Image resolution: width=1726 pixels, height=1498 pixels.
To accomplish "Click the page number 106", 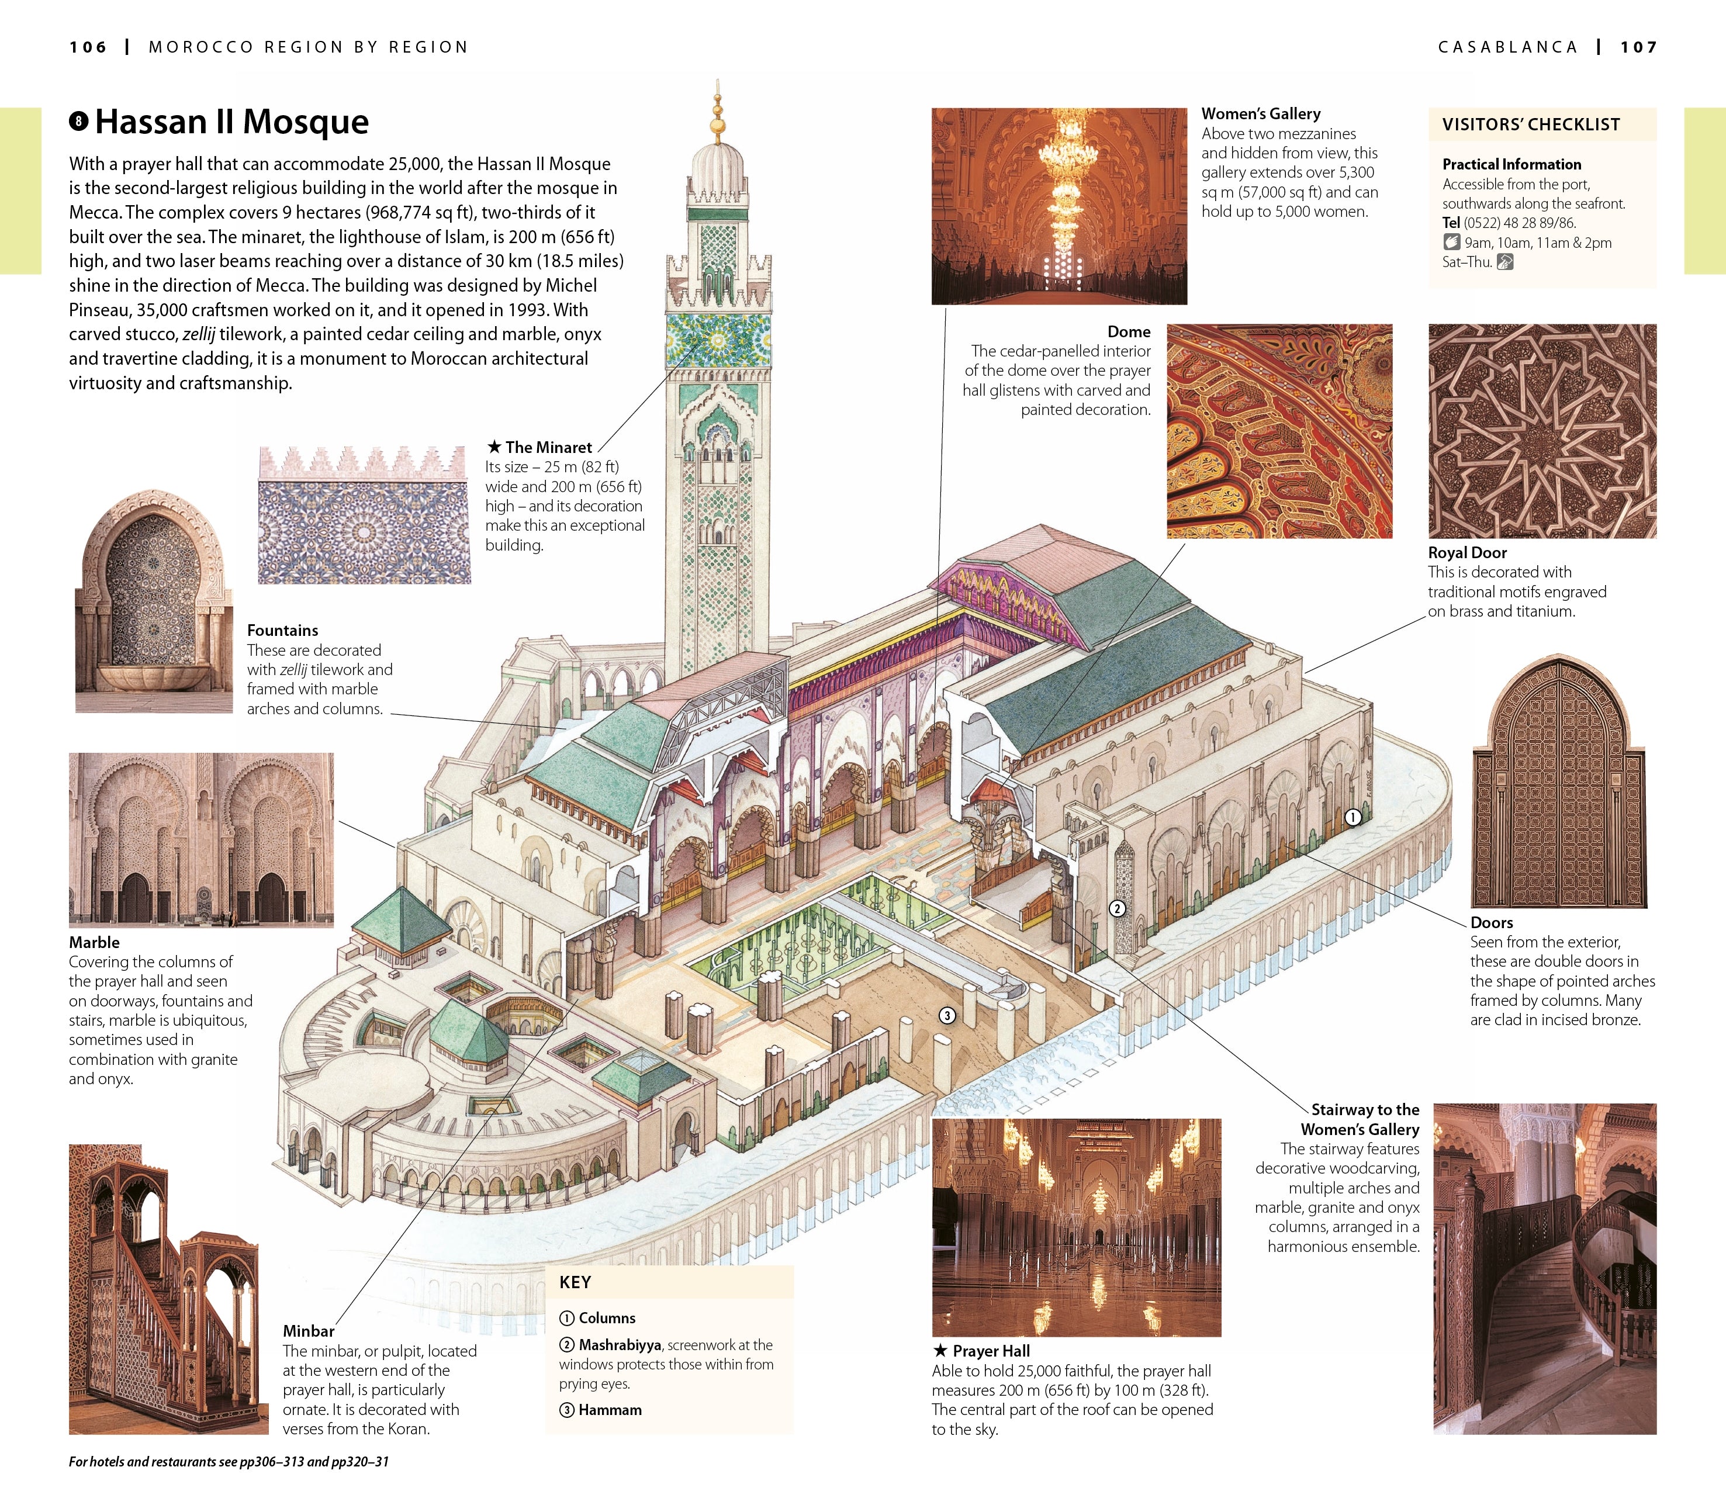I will pos(88,48).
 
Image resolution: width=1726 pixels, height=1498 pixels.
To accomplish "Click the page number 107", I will pos(1638,48).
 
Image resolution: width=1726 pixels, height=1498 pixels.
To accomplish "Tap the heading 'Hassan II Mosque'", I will pos(231,122).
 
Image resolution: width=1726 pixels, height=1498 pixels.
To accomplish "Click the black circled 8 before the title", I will pos(78,122).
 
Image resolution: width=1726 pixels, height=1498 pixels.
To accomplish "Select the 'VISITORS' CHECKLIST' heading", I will pos(1530,124).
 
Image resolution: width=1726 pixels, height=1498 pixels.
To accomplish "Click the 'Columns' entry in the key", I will pos(607,1318).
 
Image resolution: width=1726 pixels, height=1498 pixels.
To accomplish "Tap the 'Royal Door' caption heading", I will pos(1467,552).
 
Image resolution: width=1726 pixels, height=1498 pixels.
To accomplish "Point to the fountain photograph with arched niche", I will pos(153,602).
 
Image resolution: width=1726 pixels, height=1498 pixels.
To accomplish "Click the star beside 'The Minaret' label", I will pos(494,447).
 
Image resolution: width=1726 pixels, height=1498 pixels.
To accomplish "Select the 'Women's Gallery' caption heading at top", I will pos(1260,114).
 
